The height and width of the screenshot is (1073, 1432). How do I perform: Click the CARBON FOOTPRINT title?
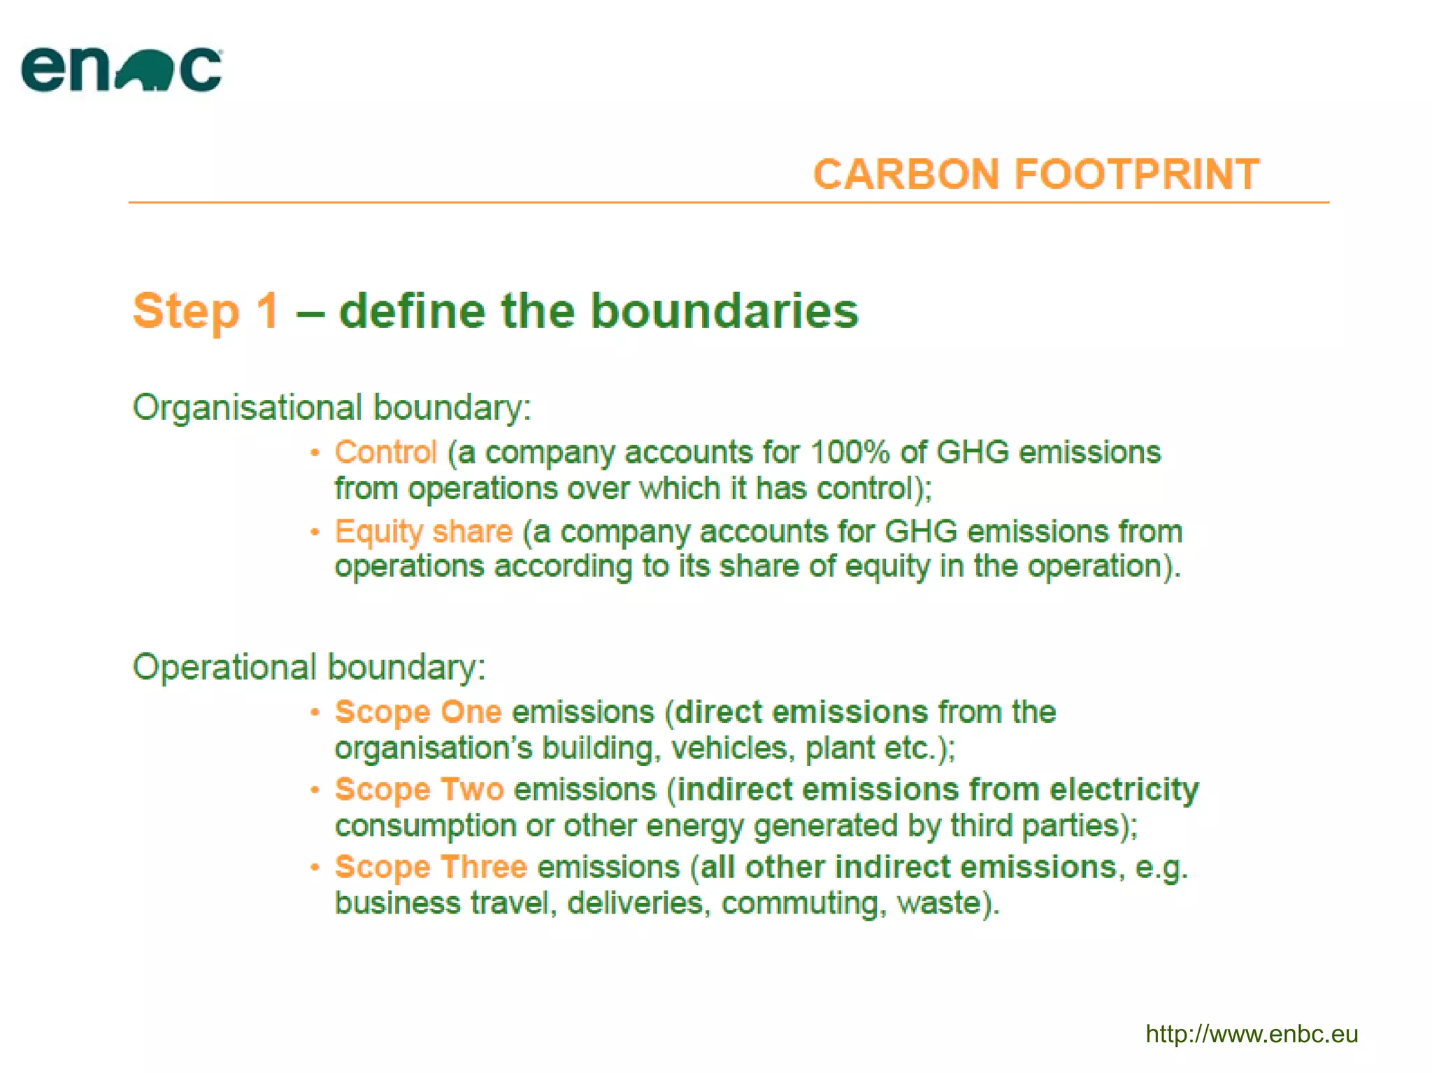click(1036, 174)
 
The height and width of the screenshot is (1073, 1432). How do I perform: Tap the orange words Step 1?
click(206, 310)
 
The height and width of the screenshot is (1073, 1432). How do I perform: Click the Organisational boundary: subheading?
click(331, 408)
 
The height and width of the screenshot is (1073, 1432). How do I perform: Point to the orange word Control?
click(385, 452)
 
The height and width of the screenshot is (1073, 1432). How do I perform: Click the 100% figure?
click(849, 452)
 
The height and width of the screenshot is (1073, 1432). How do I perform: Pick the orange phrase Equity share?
click(423, 531)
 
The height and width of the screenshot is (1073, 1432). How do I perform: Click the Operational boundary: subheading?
click(308, 667)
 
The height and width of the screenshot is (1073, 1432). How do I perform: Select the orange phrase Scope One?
click(418, 712)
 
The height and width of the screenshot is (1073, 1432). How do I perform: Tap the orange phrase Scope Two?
click(419, 789)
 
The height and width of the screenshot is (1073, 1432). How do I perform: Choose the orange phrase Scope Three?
click(430, 867)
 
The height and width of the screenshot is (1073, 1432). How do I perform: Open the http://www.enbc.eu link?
click(1251, 1034)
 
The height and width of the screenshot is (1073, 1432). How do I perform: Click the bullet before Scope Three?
click(315, 867)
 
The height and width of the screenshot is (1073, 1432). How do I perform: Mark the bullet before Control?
click(315, 453)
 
